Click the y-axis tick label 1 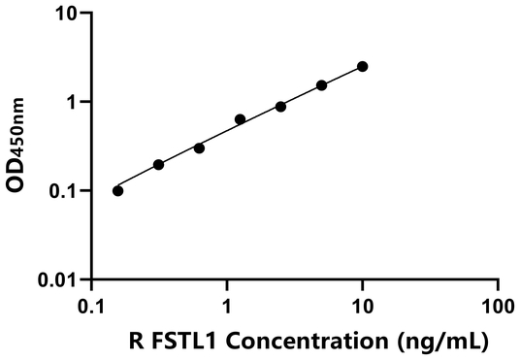click(x=71, y=102)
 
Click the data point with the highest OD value click(x=363, y=66)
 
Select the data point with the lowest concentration click(x=118, y=190)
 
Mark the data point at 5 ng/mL click(x=322, y=85)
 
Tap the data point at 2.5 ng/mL click(x=280, y=106)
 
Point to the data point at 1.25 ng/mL click(x=240, y=119)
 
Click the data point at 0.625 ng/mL click(x=199, y=147)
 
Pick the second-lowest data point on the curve click(x=158, y=164)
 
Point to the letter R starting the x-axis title click(x=137, y=341)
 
